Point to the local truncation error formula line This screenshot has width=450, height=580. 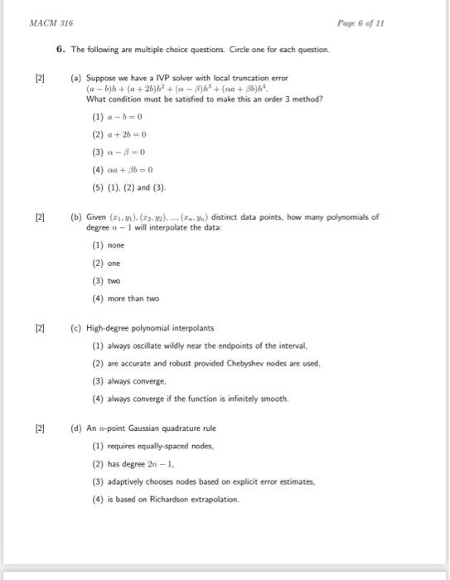(158, 89)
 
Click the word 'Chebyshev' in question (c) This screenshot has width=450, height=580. (254, 363)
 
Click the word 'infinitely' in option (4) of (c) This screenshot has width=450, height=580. (218, 399)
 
